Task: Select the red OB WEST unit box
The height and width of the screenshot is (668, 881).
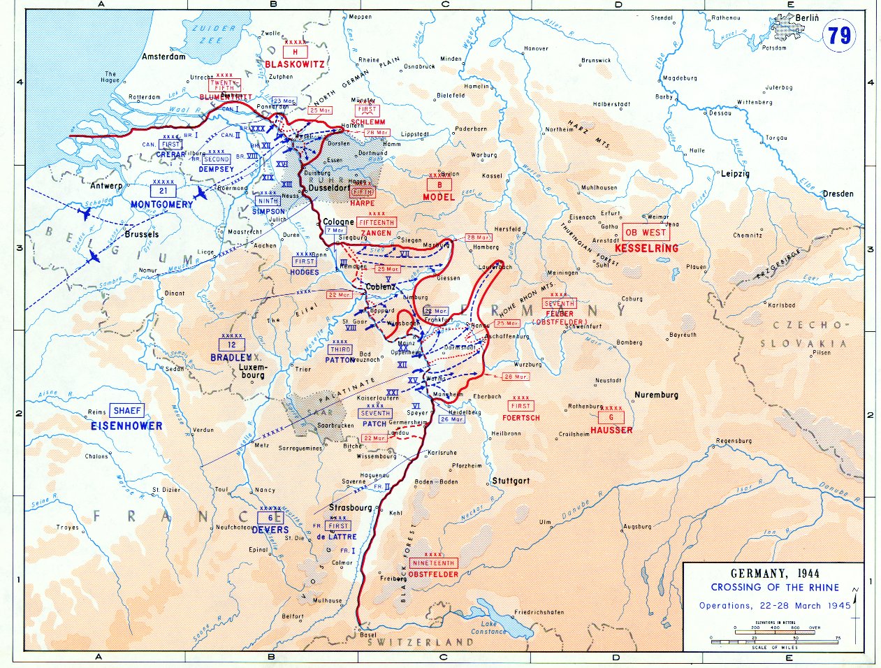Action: pos(646,233)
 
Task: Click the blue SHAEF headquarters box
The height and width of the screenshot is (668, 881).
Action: pos(127,411)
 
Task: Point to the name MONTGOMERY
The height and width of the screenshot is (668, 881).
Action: pos(161,205)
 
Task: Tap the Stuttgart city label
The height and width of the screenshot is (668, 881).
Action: pos(510,481)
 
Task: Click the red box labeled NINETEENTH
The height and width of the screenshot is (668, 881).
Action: pos(434,562)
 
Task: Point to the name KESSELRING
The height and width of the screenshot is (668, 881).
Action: pos(646,248)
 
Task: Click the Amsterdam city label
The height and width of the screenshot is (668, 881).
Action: pos(164,57)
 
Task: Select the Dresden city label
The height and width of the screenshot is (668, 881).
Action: pos(838,194)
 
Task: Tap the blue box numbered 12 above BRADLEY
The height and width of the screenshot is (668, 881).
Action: pos(231,344)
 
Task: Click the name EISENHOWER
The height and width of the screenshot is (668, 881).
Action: pos(126,426)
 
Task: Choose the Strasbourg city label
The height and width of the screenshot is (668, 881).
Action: pos(351,507)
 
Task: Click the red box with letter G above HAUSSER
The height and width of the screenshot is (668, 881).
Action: pos(611,417)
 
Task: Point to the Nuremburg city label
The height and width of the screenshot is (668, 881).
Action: pos(656,395)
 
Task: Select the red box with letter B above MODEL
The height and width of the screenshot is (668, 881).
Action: pos(439,185)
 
